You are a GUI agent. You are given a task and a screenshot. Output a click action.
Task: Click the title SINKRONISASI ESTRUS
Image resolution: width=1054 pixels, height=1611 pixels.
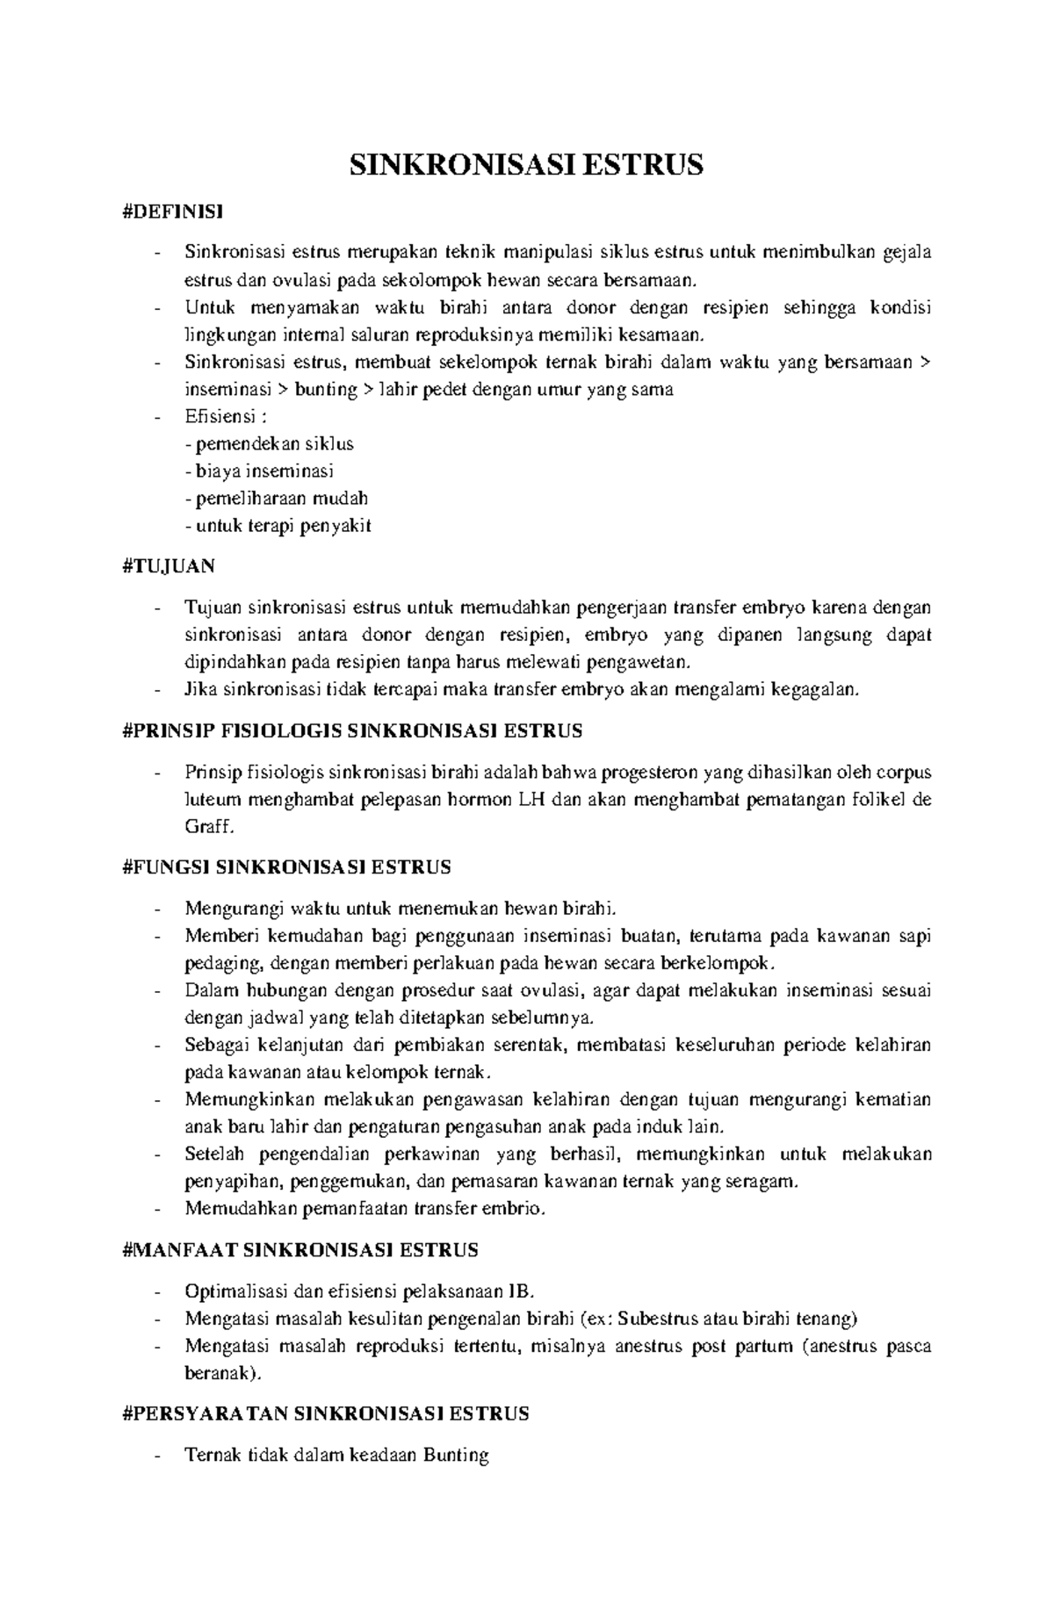pos(526,165)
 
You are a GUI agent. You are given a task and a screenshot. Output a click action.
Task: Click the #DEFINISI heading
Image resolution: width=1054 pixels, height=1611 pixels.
pos(173,211)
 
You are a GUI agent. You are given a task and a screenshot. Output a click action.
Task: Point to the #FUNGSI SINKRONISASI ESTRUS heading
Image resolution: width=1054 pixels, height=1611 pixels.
pos(286,867)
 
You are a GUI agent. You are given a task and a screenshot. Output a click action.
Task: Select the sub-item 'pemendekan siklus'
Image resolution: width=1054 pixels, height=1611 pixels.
pos(269,443)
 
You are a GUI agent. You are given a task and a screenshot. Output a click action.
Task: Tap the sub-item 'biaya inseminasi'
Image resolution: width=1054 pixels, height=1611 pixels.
pos(259,471)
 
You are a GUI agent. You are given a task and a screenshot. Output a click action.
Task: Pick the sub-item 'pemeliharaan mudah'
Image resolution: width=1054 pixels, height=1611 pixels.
pos(276,498)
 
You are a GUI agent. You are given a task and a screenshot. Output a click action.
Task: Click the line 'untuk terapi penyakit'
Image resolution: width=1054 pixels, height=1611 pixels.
pos(278,526)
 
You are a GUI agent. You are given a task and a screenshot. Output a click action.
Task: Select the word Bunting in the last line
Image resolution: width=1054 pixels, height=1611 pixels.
pos(455,1455)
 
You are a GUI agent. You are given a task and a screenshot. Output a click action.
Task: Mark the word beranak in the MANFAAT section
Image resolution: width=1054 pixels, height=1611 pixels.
pos(219,1373)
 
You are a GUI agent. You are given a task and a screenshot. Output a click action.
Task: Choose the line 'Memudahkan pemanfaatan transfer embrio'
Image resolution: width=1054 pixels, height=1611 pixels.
pos(365,1209)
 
